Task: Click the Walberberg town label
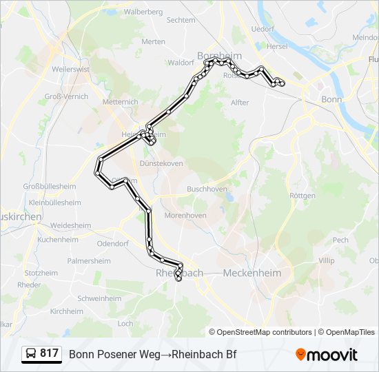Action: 143,12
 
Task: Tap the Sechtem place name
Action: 181,21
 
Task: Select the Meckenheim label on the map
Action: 252,273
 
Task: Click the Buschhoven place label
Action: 207,188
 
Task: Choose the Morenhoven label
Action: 185,216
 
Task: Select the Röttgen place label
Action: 303,196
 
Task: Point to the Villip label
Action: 326,261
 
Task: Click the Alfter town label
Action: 240,103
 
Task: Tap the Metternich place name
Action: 120,102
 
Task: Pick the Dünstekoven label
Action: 161,163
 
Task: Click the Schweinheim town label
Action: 100,298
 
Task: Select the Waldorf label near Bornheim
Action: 181,63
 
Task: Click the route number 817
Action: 49,353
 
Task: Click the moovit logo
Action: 327,355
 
